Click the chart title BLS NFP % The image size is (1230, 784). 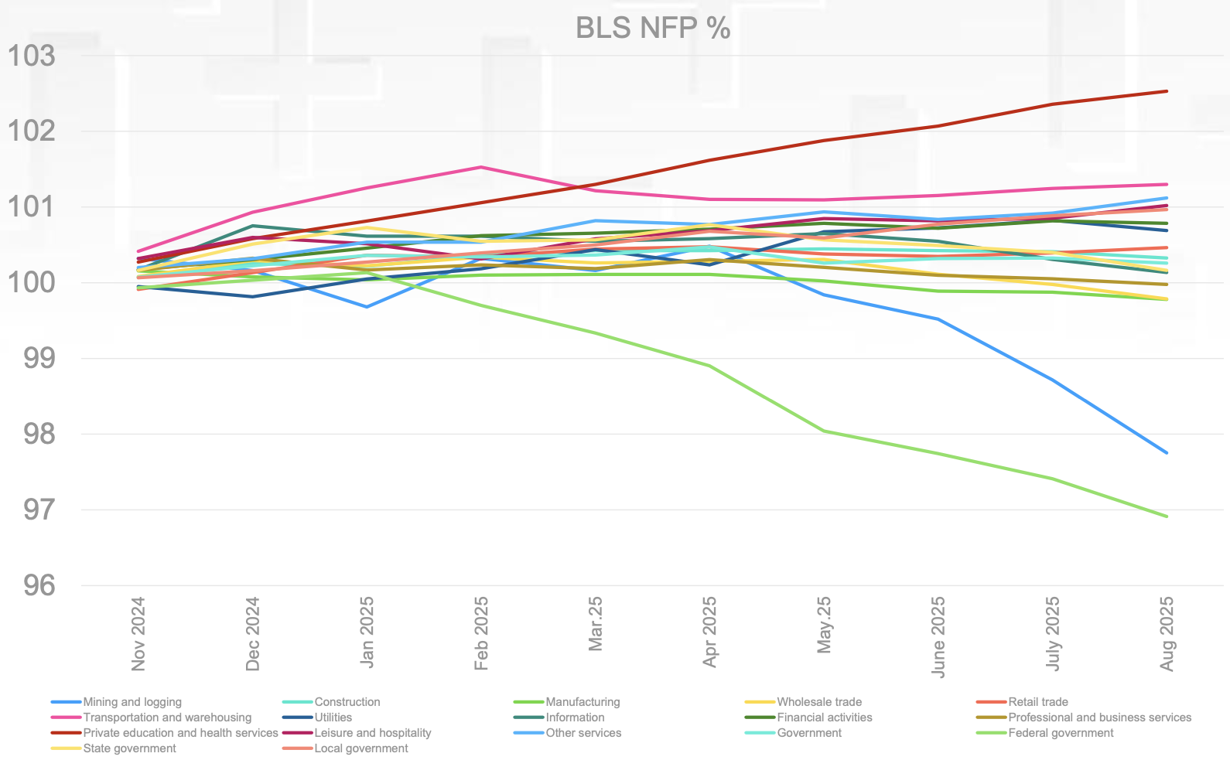click(653, 29)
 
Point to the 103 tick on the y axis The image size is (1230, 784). click(32, 56)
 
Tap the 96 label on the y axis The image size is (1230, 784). click(39, 585)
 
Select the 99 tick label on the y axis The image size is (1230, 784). click(39, 358)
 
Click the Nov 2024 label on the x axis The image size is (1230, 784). click(138, 633)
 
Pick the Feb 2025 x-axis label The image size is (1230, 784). click(481, 633)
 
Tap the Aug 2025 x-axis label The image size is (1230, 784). click(1167, 633)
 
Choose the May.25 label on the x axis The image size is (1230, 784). click(824, 624)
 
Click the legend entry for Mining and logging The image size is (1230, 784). click(132, 702)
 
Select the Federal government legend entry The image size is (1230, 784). click(1061, 733)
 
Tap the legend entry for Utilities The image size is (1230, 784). click(333, 718)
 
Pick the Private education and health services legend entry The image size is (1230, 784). click(180, 733)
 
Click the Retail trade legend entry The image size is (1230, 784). click(1037, 702)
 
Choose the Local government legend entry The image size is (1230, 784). click(360, 748)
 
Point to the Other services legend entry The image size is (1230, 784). click(583, 733)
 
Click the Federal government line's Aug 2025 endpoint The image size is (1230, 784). click(1167, 516)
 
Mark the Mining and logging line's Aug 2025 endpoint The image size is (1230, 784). click(1167, 453)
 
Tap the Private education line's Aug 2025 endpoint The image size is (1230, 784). click(1167, 91)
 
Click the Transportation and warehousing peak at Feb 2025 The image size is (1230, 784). click(481, 167)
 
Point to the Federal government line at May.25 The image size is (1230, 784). click(824, 431)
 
